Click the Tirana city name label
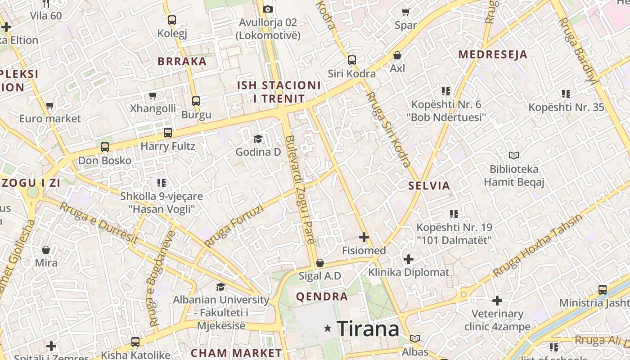(x=368, y=328)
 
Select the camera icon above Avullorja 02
(x=268, y=9)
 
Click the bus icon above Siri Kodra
(x=351, y=60)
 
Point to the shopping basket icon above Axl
(x=397, y=55)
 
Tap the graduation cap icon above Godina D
(x=258, y=139)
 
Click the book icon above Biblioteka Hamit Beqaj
(x=513, y=156)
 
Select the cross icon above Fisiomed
(x=364, y=237)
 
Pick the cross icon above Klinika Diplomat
(x=409, y=259)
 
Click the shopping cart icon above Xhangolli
(x=153, y=95)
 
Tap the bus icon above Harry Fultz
(x=168, y=133)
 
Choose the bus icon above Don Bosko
(x=105, y=147)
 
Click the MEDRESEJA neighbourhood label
(x=492, y=55)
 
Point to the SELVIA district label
(x=429, y=185)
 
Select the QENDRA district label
(x=321, y=297)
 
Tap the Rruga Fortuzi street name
(x=234, y=225)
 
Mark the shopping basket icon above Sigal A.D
(x=319, y=262)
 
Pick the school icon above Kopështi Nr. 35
(x=566, y=94)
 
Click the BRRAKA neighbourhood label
(x=182, y=62)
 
